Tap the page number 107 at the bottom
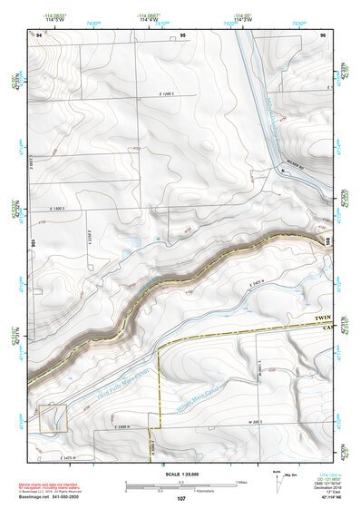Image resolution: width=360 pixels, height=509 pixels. (181, 499)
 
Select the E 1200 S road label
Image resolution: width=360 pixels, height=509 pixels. (161, 94)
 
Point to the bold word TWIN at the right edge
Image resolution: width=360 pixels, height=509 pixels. (325, 318)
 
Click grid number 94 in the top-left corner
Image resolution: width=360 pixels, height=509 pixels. (40, 34)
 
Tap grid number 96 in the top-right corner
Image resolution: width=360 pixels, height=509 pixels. (322, 34)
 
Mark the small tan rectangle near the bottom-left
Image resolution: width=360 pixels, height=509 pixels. (51, 418)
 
